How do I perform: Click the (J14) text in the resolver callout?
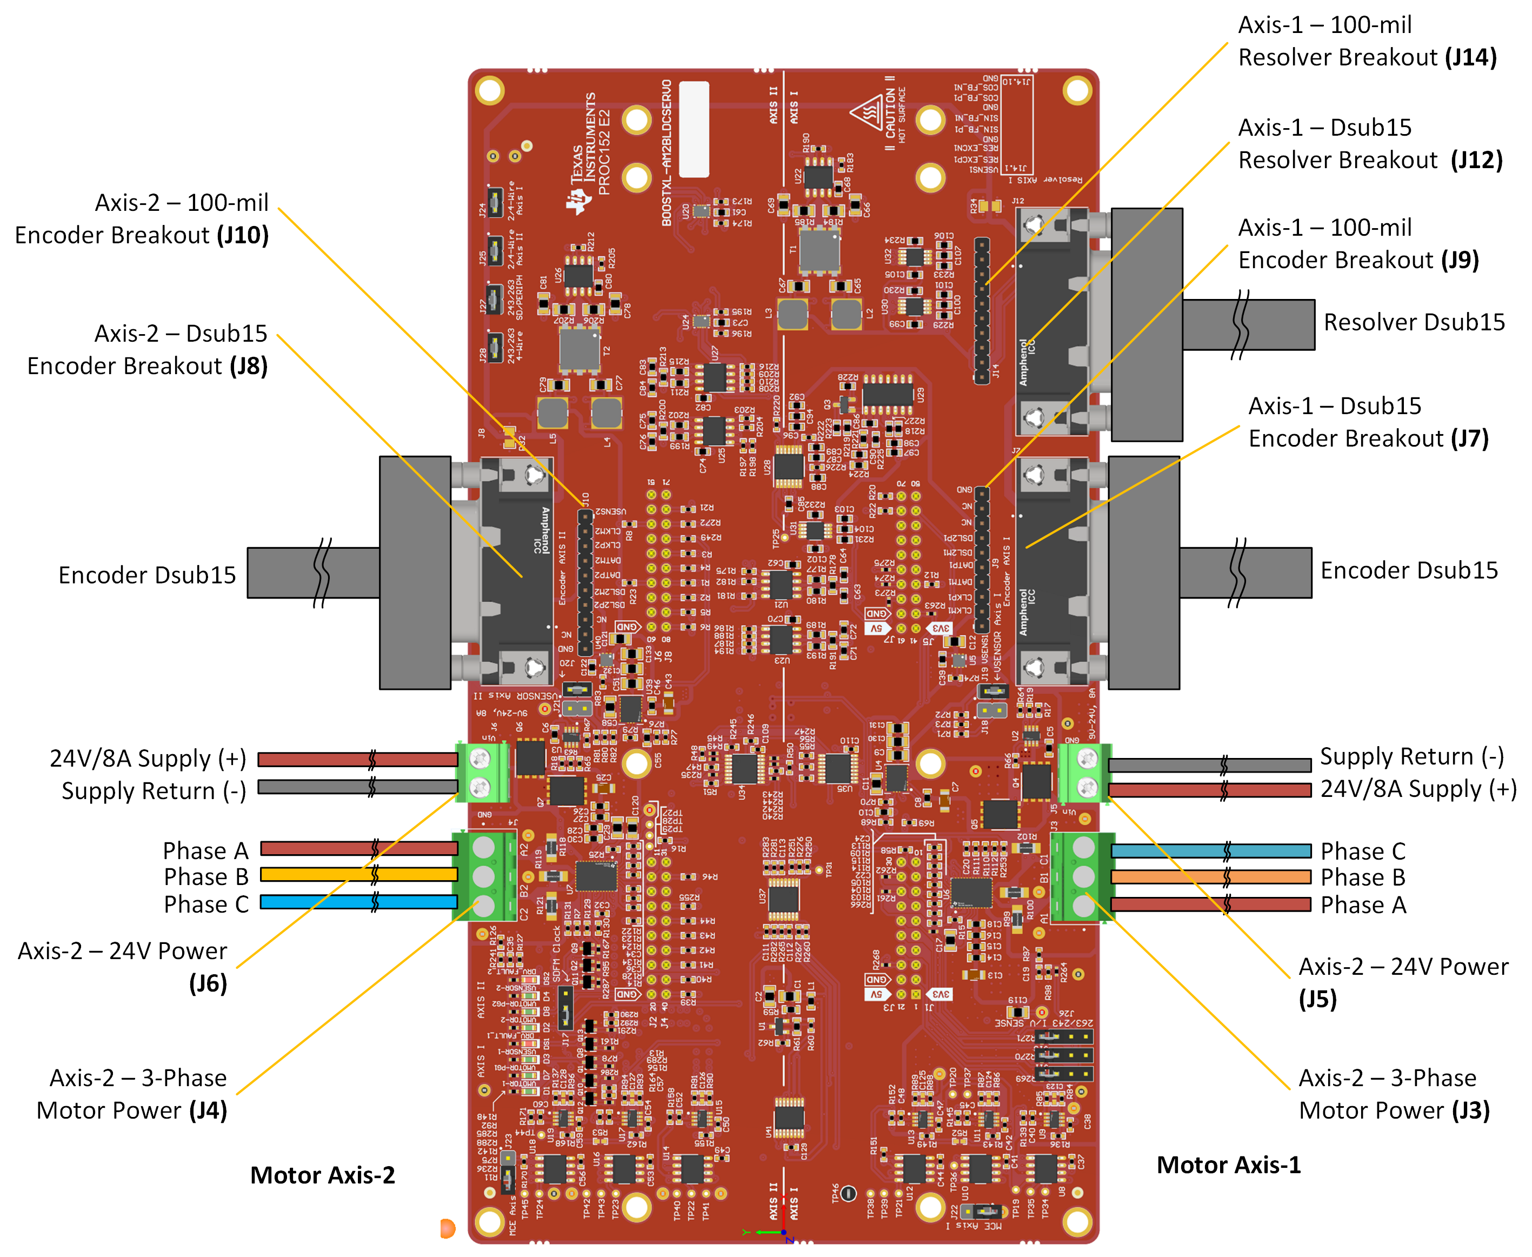1470,57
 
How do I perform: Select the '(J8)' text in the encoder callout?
248,367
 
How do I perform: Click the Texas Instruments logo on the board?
578,201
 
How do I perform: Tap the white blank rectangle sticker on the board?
693,129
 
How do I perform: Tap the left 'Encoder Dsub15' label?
147,575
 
